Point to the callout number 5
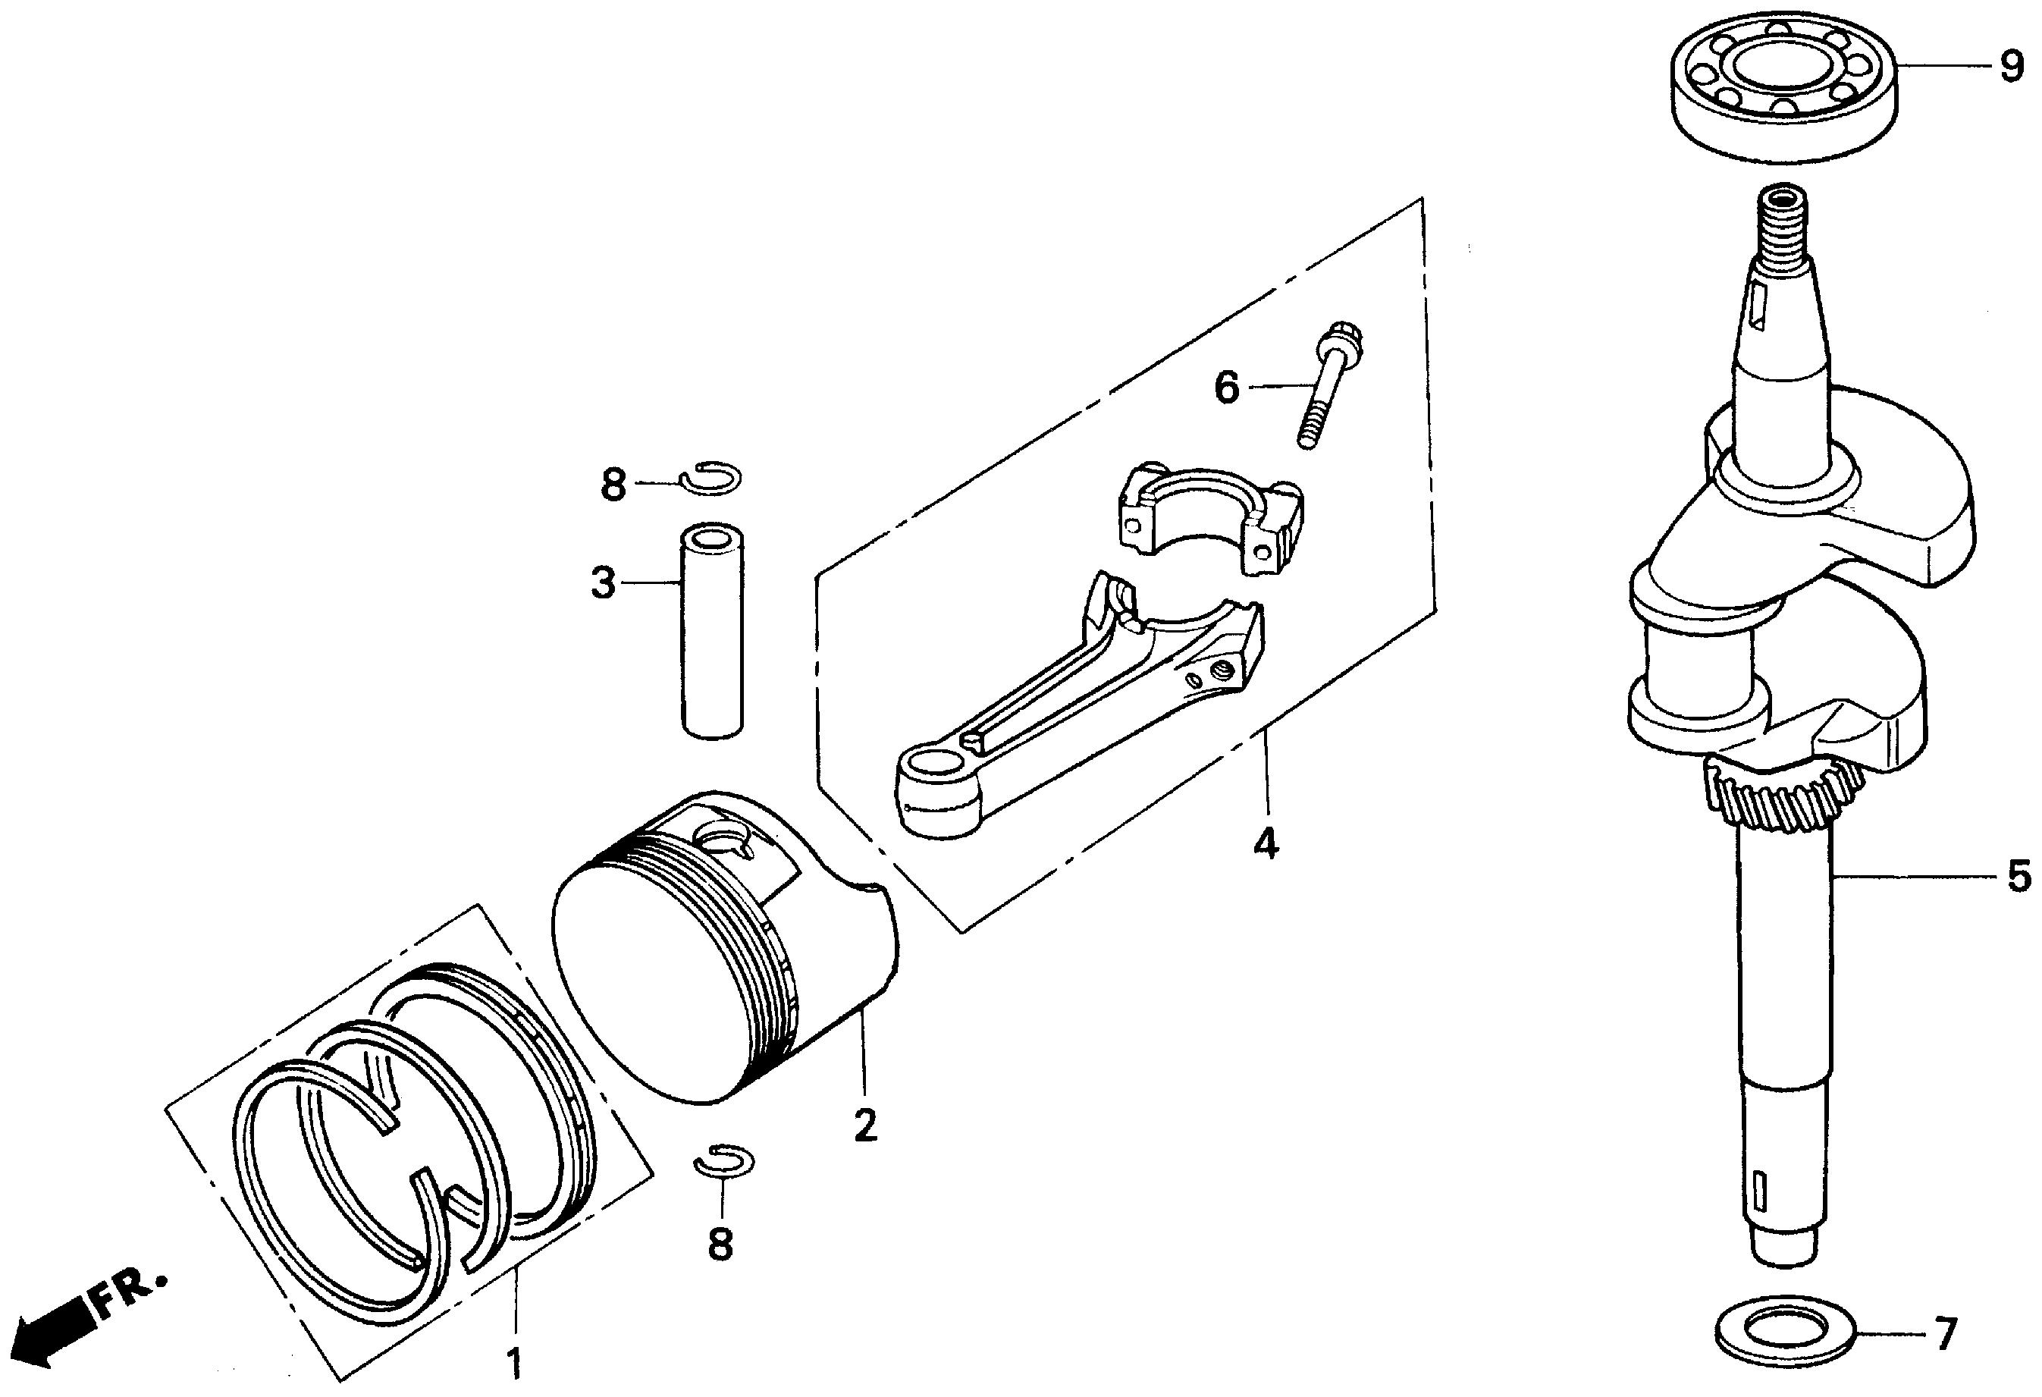click(2019, 875)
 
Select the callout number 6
click(1227, 387)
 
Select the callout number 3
click(603, 582)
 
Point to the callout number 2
click(864, 1125)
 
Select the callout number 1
click(516, 1363)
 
